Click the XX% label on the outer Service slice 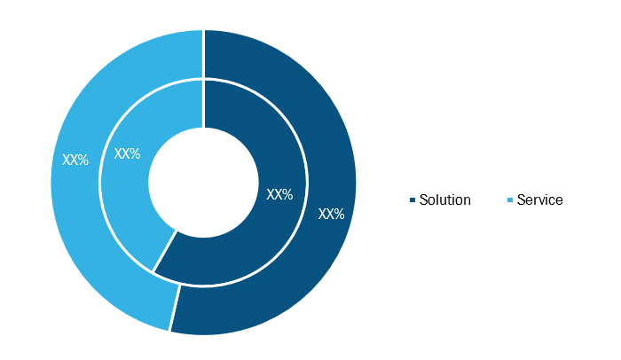click(75, 160)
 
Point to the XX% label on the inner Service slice click(127, 153)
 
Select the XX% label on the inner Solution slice click(279, 194)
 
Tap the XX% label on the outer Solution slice click(332, 215)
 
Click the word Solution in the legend click(445, 200)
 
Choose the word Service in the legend click(539, 200)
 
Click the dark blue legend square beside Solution click(413, 200)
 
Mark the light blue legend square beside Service click(510, 200)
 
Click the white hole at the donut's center click(203, 182)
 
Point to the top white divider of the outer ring click(203, 54)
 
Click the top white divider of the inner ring click(203, 104)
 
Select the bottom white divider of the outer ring click(176, 308)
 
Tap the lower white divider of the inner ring click(165, 252)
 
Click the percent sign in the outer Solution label click(340, 215)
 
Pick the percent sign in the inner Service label click(135, 153)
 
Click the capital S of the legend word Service click(522, 200)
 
